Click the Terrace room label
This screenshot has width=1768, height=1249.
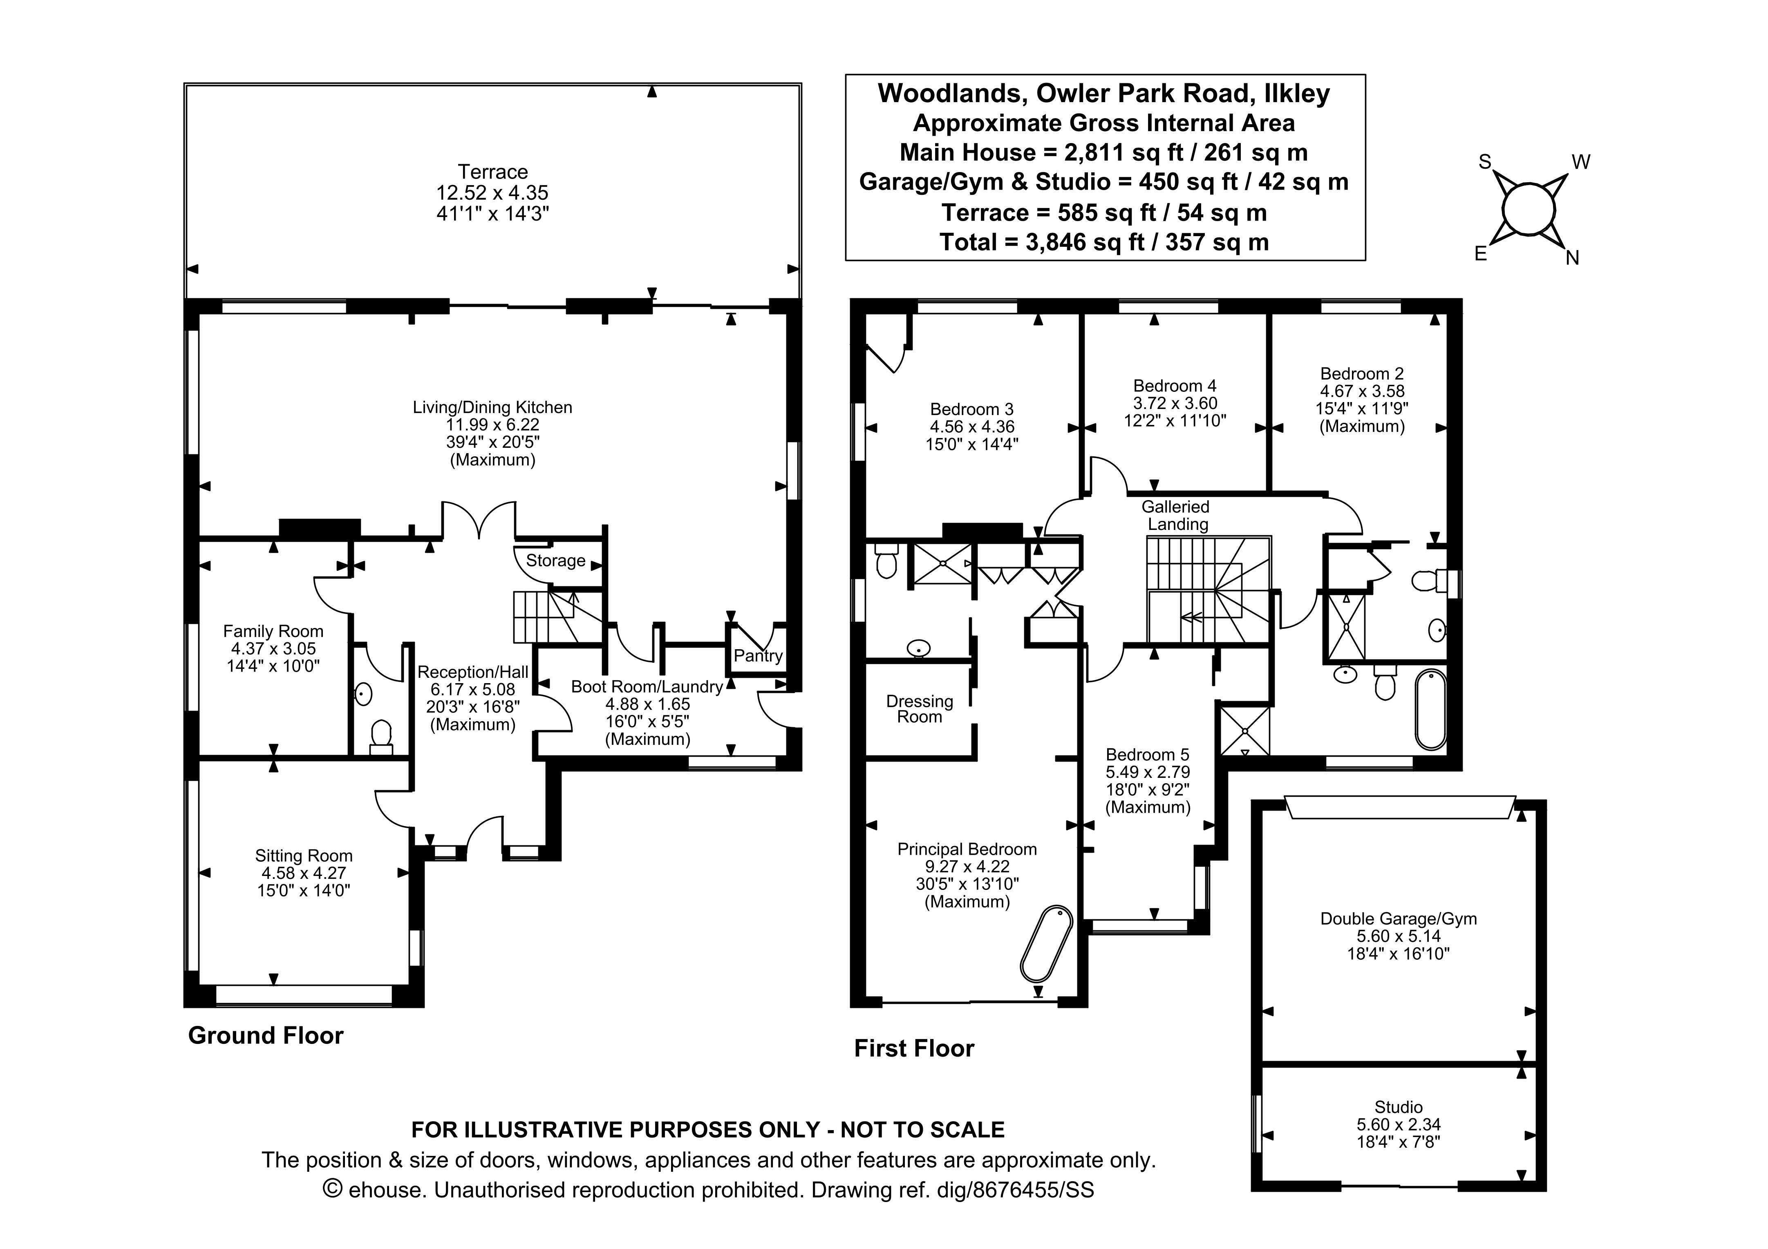[x=493, y=172]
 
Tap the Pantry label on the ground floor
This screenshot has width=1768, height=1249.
[x=758, y=656]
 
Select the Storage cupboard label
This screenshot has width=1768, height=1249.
[x=555, y=561]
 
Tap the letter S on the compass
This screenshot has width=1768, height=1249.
[x=1485, y=162]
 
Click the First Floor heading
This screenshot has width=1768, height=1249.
[x=914, y=1049]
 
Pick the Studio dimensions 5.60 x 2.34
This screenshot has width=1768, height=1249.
[x=1399, y=1124]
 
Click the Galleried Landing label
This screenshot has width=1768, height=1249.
[x=1176, y=515]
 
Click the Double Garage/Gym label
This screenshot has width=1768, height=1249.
[x=1399, y=918]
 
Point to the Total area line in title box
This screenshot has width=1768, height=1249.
[x=1104, y=243]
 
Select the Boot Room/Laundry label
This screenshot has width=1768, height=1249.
[x=647, y=687]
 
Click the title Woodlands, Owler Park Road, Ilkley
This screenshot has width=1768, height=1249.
[x=1104, y=93]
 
